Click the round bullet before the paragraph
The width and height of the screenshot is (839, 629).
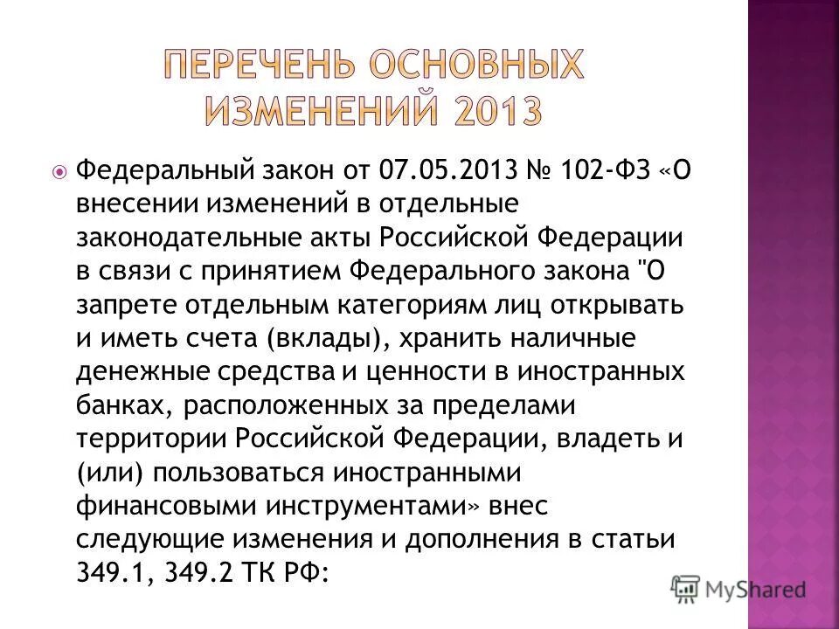click(59, 171)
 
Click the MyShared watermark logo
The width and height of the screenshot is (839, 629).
click(738, 590)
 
